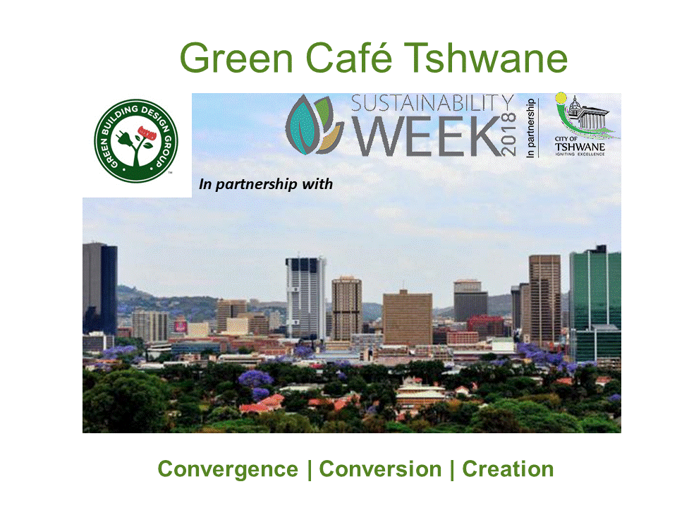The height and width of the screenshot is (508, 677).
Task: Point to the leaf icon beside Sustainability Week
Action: [315, 125]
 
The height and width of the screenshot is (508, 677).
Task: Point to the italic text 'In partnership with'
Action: [266, 185]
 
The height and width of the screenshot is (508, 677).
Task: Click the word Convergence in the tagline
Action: [228, 469]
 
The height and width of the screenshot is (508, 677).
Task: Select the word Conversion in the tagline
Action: [381, 469]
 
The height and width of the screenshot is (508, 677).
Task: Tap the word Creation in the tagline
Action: [508, 469]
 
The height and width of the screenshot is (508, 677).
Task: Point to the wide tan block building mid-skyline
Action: [408, 317]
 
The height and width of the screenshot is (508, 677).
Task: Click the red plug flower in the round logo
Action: [146, 132]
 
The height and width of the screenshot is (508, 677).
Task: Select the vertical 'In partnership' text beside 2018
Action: [531, 128]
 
